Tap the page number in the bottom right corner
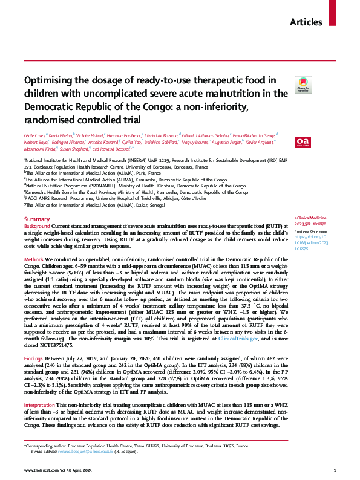click(335, 469)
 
